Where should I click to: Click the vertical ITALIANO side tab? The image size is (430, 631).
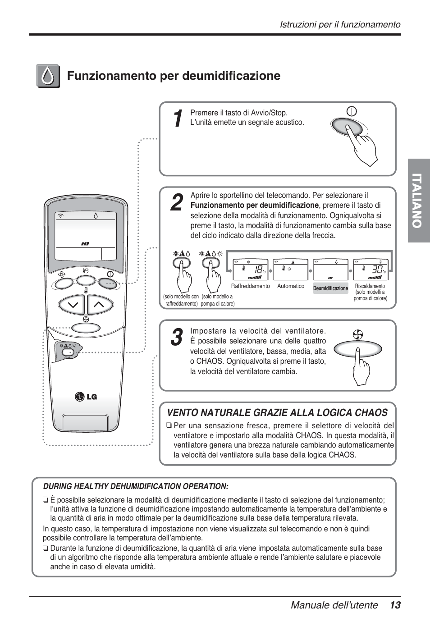(419, 201)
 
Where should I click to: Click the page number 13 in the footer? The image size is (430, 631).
(395, 605)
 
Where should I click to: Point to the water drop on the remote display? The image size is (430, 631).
(96, 215)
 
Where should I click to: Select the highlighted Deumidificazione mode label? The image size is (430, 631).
(331, 288)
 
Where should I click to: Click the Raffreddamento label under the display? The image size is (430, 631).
(250, 286)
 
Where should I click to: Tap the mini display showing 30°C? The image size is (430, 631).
(371, 270)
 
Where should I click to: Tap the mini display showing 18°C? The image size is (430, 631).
(251, 270)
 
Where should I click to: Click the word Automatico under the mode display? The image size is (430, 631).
(291, 286)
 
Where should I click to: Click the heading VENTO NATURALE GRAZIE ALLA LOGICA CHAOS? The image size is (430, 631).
(277, 412)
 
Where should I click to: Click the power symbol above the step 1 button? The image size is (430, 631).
(352, 111)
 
